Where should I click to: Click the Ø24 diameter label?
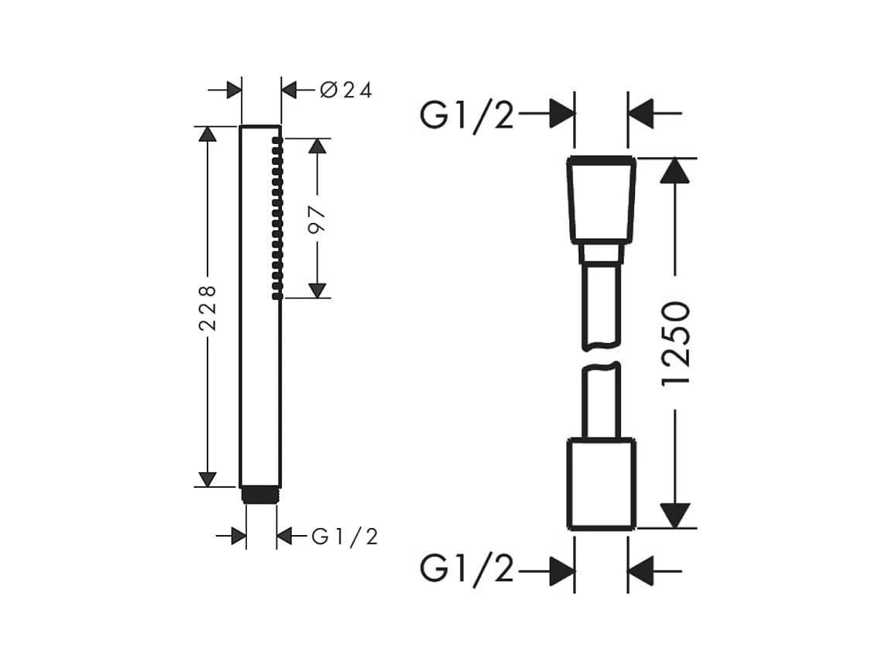(x=346, y=90)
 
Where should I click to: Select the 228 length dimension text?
(x=208, y=307)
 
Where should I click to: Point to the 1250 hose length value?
(x=676, y=343)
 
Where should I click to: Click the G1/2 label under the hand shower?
(x=345, y=537)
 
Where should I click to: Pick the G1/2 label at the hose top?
(x=466, y=115)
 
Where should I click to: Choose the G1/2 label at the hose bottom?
(x=466, y=568)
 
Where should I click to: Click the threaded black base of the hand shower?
(x=260, y=495)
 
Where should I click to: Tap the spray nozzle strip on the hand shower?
(x=278, y=218)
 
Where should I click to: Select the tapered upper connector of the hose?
(x=602, y=200)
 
